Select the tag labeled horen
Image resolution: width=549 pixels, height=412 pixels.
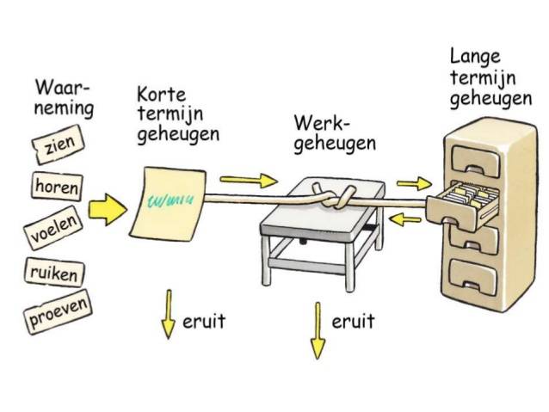point(57,185)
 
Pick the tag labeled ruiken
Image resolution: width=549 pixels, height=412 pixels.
point(52,274)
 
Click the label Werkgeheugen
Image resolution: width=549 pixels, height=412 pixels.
point(335,132)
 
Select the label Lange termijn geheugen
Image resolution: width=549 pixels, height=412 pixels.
point(489,78)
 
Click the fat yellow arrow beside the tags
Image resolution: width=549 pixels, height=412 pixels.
point(107,209)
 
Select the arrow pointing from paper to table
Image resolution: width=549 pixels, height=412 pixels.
point(249,181)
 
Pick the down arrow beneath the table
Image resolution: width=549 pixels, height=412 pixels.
point(318,329)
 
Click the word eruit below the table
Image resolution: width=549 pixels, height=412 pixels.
point(353,321)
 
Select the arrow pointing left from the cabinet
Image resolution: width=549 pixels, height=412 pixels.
point(406,219)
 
